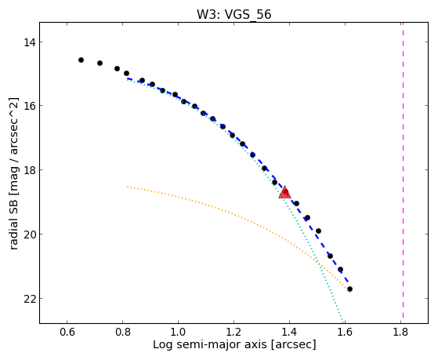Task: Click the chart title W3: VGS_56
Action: [x=233, y=14]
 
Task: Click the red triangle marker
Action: [x=284, y=192]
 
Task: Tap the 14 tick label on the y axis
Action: [x=29, y=42]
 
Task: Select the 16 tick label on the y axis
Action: [x=29, y=106]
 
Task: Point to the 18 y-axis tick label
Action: [x=29, y=170]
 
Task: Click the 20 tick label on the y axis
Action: [x=29, y=235]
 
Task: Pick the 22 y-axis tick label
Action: [x=29, y=299]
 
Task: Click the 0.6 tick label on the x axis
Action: [x=67, y=333]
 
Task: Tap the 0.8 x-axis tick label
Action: [x=123, y=333]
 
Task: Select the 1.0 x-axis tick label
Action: [x=178, y=333]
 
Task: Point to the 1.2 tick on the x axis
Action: [x=233, y=333]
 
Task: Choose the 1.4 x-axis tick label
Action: [x=289, y=333]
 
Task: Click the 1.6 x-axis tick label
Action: [x=345, y=333]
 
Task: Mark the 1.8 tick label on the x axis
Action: [x=400, y=333]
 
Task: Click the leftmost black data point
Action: [x=81, y=60]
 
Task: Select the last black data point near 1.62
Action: [x=349, y=289]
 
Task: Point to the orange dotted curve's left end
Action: [x=128, y=187]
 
